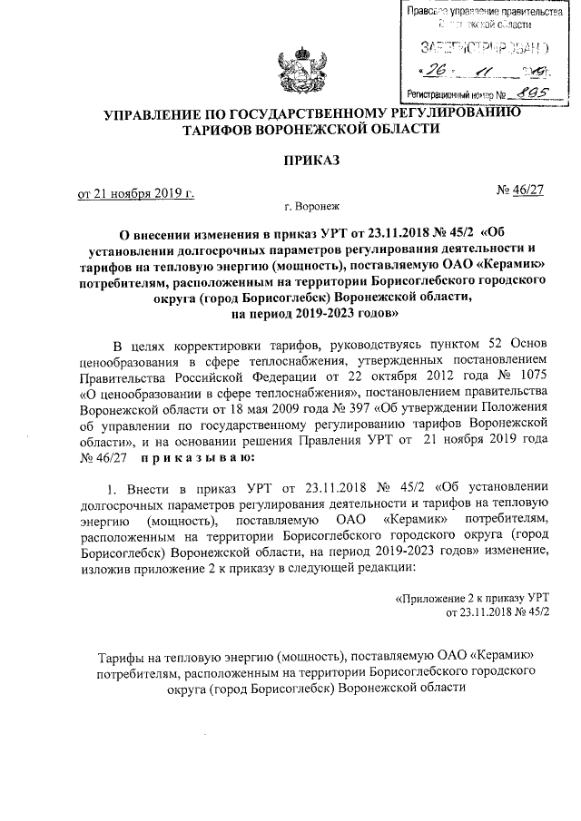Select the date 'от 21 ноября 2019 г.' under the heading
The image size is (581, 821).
[136, 193]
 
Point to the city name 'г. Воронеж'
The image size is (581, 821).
[310, 208]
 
